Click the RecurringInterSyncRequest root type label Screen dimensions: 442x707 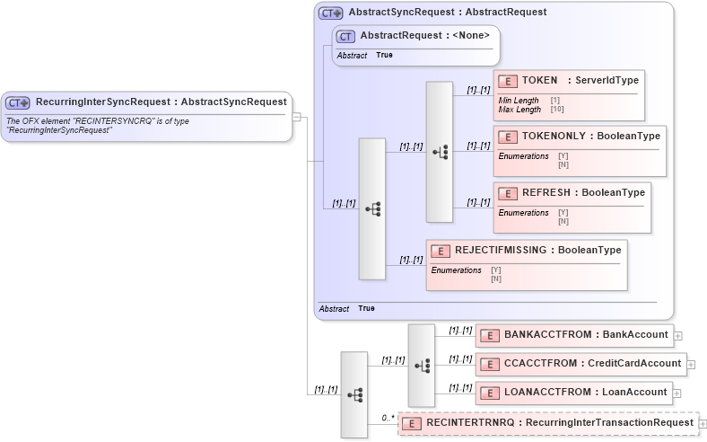coord(154,102)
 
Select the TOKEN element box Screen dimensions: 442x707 coord(568,94)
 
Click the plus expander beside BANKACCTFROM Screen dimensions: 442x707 coord(678,336)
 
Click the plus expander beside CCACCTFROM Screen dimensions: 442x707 coord(692,365)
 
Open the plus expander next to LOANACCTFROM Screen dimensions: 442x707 coord(678,393)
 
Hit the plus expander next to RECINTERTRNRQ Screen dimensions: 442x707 coord(703,423)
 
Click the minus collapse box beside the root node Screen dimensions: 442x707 coord(297,116)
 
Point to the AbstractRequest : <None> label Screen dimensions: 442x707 coord(424,35)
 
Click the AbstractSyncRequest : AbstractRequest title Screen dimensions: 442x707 coord(447,13)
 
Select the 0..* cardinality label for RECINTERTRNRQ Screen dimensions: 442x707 coord(388,417)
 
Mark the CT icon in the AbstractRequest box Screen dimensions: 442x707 coord(345,36)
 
